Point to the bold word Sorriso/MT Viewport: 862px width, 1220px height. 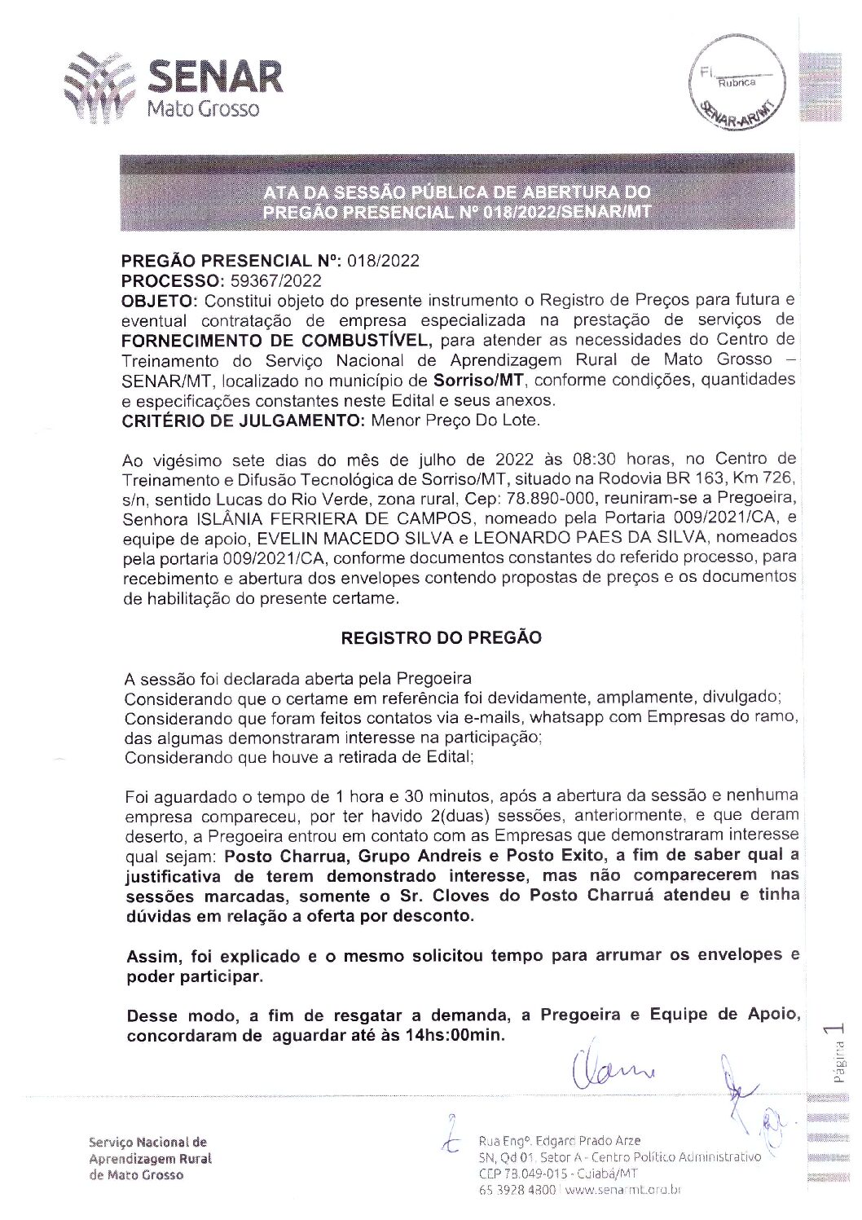(x=478, y=380)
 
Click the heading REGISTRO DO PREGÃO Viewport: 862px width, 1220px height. (x=441, y=638)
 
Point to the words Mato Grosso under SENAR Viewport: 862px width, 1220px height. (x=202, y=108)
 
